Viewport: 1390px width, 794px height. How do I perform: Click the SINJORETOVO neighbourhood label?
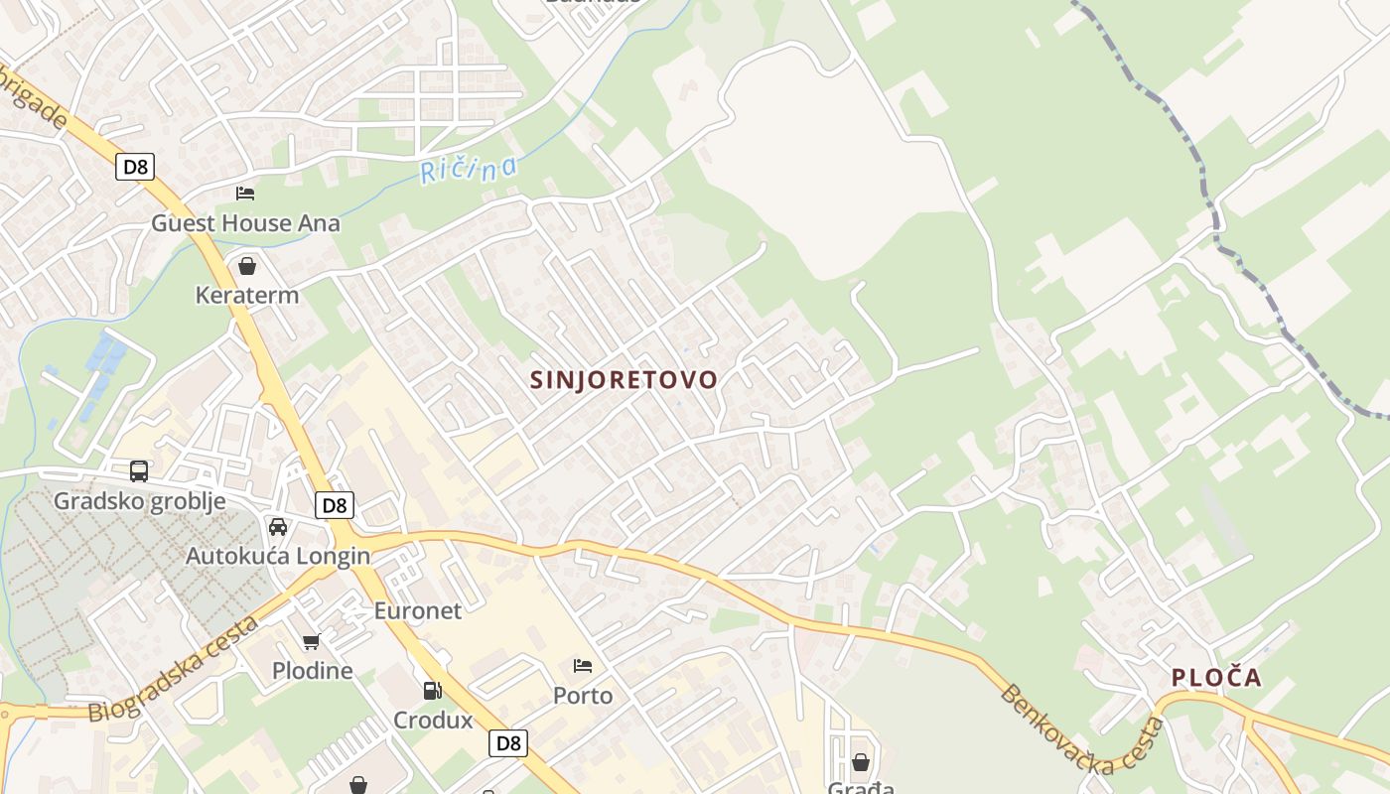624,380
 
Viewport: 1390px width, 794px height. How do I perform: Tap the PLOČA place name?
1216,678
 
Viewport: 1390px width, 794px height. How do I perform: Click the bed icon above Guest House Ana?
245,193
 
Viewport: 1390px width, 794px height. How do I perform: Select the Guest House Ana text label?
245,223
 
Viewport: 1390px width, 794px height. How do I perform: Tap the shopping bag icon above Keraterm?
247,266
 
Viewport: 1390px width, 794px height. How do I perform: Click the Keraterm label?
247,295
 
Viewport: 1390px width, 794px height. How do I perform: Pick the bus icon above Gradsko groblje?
139,471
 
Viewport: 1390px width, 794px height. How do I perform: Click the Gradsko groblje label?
139,501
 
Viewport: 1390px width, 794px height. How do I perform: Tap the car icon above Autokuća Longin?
278,526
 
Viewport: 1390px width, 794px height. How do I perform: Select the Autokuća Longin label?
278,556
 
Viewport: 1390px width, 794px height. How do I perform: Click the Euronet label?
418,611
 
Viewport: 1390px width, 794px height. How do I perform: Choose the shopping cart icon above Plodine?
312,641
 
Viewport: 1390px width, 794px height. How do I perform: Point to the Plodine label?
312,671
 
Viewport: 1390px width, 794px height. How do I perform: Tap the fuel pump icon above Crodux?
432,690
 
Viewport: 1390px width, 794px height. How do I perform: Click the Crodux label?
433,721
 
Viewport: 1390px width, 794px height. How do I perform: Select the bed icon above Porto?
583,665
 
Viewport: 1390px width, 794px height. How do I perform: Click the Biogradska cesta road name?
175,669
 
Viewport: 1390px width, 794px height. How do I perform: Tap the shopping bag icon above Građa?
860,762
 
